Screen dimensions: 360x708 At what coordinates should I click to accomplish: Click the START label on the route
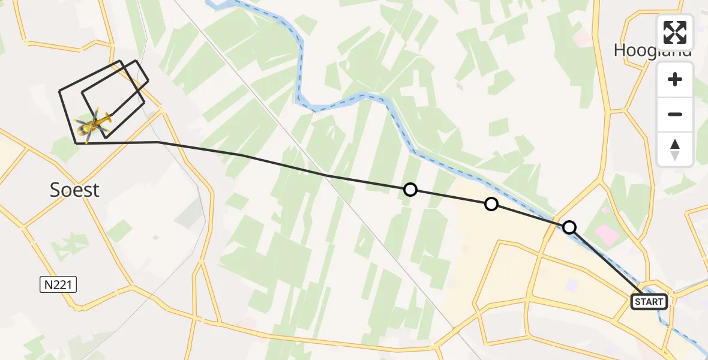click(649, 301)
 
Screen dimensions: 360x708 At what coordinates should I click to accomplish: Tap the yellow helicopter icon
click(93, 124)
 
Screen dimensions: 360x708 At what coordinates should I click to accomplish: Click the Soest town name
click(74, 190)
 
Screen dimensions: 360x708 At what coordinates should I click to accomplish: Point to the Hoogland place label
click(653, 50)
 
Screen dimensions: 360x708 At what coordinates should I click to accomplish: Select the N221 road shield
click(59, 286)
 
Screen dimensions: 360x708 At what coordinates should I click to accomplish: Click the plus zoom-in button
click(675, 79)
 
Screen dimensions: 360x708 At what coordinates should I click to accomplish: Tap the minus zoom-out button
click(675, 114)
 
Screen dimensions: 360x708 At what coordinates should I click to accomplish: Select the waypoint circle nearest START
click(569, 227)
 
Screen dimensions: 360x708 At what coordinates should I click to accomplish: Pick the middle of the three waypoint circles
click(491, 204)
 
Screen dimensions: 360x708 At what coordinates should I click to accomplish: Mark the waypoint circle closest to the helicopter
click(410, 190)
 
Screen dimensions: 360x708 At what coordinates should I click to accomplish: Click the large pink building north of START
click(608, 235)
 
